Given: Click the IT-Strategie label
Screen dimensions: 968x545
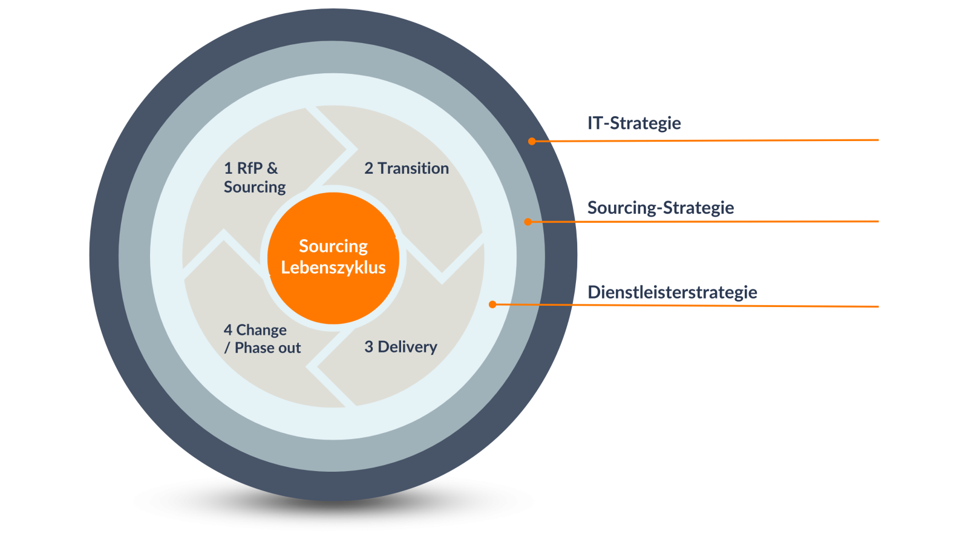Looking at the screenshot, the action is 634,124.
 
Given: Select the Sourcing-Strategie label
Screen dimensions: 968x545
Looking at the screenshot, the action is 660,208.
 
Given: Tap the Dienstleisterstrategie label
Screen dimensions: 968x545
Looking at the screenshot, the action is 672,292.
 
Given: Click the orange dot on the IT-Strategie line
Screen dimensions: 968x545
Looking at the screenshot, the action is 532,141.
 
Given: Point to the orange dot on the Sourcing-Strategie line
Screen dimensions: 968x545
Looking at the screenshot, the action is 528,222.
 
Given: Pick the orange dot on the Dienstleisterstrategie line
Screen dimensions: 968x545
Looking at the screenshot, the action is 492,305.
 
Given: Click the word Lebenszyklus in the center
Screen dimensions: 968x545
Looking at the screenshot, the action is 333,268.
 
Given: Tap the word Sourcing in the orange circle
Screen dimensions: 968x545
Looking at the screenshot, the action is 333,246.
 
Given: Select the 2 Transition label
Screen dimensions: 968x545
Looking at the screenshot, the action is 406,168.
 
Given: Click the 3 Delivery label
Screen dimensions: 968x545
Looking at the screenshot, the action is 401,347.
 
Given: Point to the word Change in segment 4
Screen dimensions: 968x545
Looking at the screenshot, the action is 261,331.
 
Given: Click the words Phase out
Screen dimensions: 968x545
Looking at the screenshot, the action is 267,348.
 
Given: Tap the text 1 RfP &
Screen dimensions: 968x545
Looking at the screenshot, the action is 250,168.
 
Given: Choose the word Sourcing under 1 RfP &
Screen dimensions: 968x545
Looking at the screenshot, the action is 255,187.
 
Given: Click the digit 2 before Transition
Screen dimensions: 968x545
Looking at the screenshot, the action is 368,168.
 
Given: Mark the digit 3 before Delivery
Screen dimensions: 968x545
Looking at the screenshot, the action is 368,347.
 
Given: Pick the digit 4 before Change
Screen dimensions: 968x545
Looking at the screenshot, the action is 228,330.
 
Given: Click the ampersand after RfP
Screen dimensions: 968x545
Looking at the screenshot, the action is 272,168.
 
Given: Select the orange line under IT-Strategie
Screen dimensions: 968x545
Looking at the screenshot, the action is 705,140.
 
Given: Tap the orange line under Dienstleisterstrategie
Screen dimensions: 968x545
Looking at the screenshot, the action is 685,305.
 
